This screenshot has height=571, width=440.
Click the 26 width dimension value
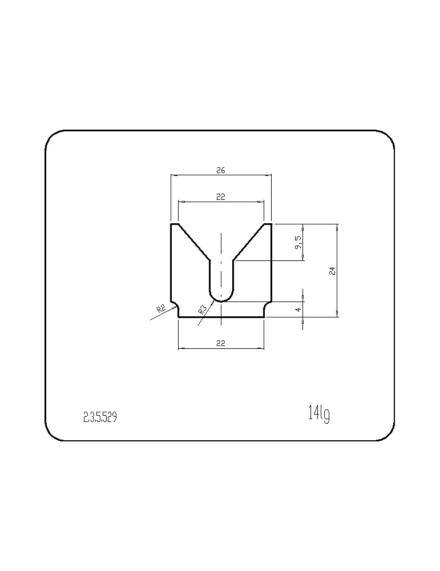pyautogui.click(x=221, y=170)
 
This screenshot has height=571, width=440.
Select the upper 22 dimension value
pyautogui.click(x=221, y=196)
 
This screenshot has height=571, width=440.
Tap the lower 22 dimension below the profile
pyautogui.click(x=221, y=343)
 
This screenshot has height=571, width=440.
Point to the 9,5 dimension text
pyautogui.click(x=298, y=242)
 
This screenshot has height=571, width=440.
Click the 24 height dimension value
pyautogui.click(x=332, y=271)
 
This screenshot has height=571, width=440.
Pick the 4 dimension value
pyautogui.click(x=298, y=309)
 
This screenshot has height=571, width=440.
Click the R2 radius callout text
pyautogui.click(x=162, y=309)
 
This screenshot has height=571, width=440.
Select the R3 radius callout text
pyautogui.click(x=203, y=309)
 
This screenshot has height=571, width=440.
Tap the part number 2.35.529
pyautogui.click(x=100, y=417)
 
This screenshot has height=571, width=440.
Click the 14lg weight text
pyautogui.click(x=319, y=413)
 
